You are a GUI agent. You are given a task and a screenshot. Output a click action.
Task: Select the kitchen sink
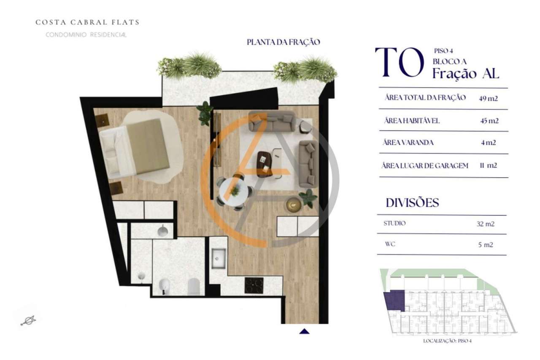219,258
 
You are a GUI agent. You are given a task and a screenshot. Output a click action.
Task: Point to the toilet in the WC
194,287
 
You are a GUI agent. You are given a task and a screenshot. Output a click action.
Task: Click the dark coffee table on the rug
265,163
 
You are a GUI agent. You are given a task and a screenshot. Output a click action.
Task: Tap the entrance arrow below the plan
304,331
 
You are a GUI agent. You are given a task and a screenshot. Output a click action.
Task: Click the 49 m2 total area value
489,98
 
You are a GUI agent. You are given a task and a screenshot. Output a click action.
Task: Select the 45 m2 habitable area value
489,121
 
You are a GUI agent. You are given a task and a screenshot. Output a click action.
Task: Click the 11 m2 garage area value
488,165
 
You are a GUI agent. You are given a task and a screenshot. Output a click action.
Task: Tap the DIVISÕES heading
412,203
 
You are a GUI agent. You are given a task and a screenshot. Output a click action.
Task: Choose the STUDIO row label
394,223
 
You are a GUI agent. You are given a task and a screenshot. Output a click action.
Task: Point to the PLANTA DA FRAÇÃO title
283,42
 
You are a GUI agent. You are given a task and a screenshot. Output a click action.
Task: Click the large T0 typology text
399,62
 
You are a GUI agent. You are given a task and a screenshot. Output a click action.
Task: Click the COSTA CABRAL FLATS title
87,22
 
